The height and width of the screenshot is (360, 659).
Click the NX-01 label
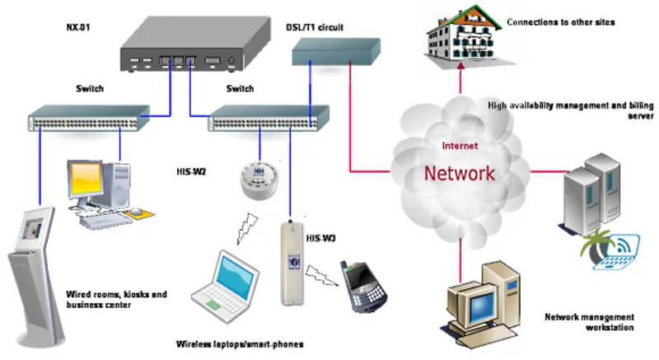(x=78, y=27)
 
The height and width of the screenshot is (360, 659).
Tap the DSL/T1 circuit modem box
(x=336, y=52)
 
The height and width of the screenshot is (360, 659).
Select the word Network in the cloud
(x=460, y=173)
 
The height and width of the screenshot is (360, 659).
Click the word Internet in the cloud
(x=460, y=146)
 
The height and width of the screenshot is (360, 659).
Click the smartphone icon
(x=364, y=287)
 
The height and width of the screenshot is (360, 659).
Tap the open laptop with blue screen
(x=226, y=287)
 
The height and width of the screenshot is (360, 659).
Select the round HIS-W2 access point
(x=259, y=180)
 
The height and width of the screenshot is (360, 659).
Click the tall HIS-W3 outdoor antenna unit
(x=292, y=263)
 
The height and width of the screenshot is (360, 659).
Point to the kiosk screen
(x=33, y=228)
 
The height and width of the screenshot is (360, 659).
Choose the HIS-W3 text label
(x=320, y=239)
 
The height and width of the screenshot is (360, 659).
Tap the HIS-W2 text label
(x=191, y=172)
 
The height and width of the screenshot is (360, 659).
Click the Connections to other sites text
(x=561, y=22)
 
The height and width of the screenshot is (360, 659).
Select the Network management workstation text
(x=589, y=322)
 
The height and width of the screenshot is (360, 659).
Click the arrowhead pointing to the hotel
(x=460, y=66)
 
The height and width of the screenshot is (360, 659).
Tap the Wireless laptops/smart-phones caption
(x=240, y=344)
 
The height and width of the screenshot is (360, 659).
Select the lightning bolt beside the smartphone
(x=321, y=276)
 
